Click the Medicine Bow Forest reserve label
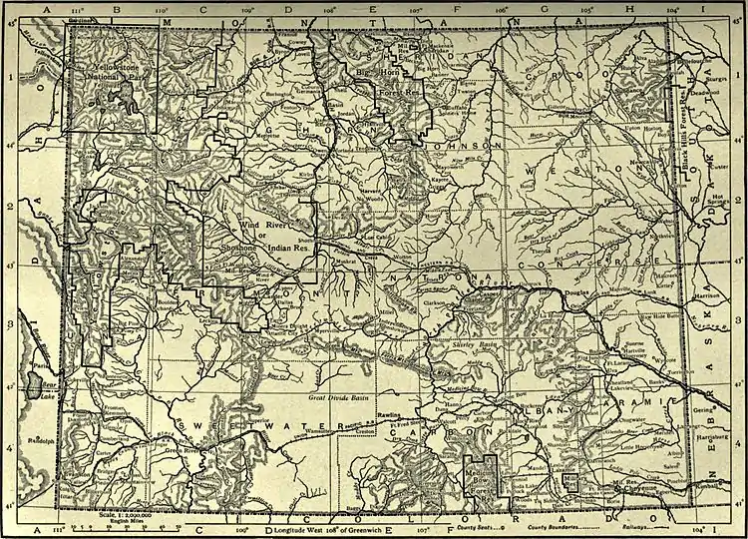tap(482, 481)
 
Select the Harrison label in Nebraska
tap(710, 295)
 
